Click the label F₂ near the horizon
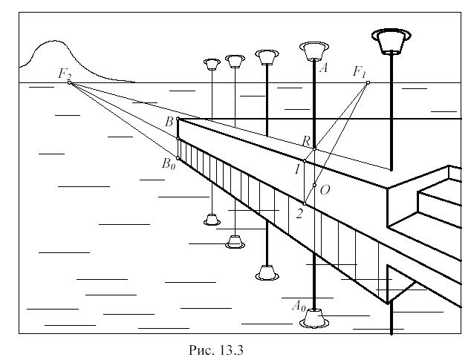point(65,73)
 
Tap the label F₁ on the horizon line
point(360,72)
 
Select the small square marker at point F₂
point(70,82)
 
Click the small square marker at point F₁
point(368,82)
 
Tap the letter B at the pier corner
point(169,121)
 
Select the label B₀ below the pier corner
point(169,163)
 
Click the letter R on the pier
point(305,141)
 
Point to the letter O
point(324,190)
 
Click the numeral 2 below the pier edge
point(299,214)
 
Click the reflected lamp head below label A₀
point(314,319)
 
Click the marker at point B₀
point(178,157)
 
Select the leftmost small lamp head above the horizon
point(212,63)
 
